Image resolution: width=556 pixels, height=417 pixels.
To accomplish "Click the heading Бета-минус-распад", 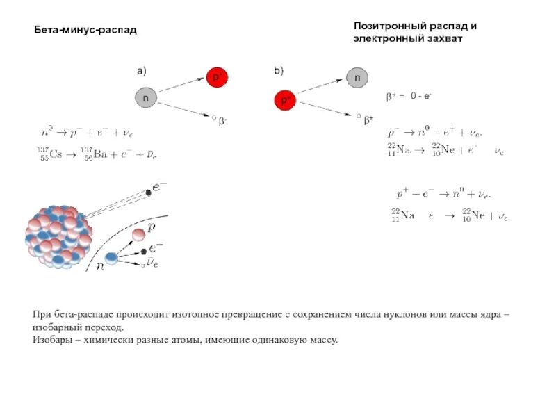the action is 86,31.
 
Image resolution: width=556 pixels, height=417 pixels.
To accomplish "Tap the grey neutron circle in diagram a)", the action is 145,98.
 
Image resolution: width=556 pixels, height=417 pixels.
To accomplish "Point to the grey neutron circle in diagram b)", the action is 357,78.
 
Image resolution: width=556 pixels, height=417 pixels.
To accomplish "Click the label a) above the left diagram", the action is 141,70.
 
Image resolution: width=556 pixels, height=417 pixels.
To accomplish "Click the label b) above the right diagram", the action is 279,70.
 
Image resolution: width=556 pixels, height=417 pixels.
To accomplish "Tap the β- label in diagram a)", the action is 223,121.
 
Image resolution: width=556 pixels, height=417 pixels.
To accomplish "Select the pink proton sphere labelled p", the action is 139,234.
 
